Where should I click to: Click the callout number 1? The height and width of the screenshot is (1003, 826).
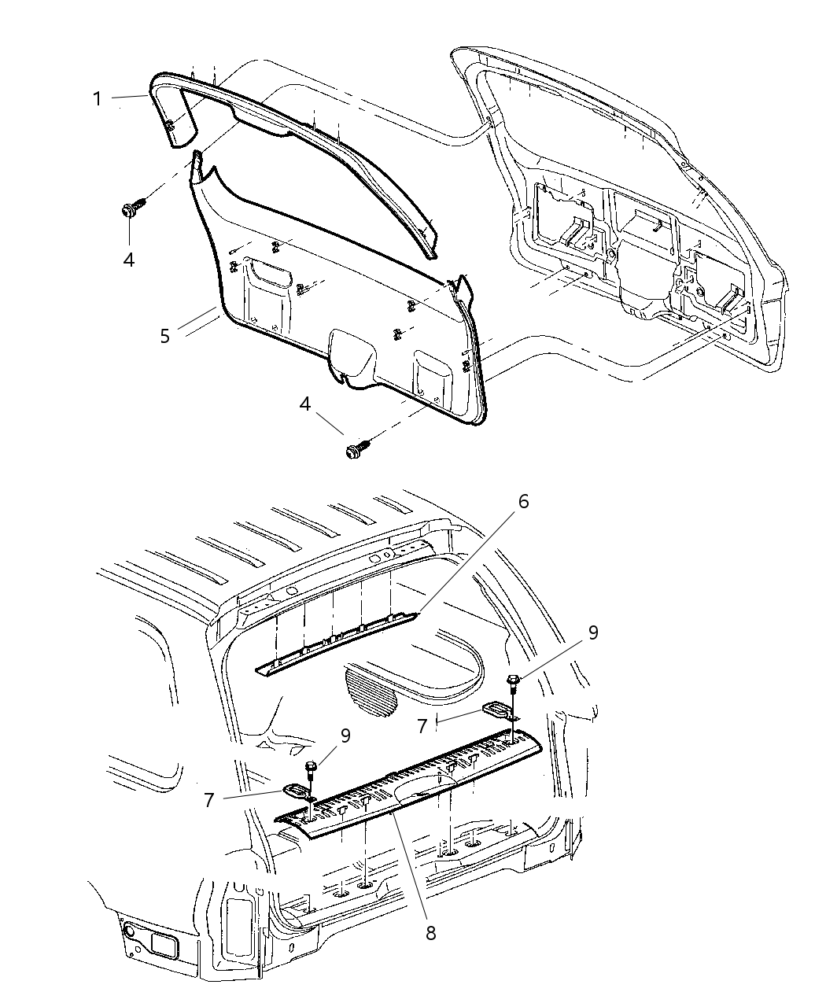97,99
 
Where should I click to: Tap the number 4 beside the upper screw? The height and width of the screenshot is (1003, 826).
128,258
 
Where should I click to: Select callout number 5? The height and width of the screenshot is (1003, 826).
164,336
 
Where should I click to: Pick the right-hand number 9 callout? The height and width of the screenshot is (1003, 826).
593,633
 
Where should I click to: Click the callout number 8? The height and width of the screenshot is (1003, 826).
430,933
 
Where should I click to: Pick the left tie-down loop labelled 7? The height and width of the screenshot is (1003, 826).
297,791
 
